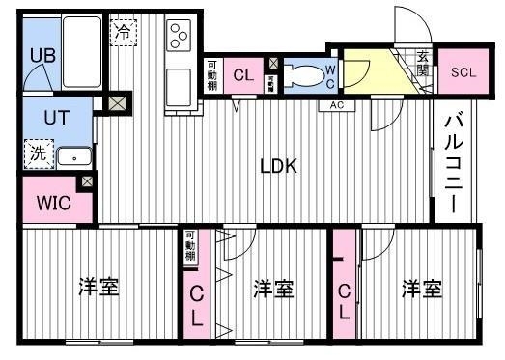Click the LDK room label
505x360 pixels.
coord(278,165)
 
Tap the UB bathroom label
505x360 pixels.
coord(42,55)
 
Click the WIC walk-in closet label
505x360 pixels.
coord(52,203)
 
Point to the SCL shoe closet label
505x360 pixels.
coord(463,72)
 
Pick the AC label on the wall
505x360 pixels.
coord(337,104)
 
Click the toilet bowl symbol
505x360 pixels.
coord(307,73)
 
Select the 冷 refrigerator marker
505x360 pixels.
coord(124,32)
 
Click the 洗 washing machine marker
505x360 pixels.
coord(36,152)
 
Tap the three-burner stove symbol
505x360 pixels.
coord(179,36)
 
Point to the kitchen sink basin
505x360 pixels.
coord(179,88)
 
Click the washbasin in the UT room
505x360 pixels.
coord(73,155)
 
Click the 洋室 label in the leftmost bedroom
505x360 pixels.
coord(98,287)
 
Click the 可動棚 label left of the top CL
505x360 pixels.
coord(212,76)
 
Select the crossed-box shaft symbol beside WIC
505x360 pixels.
coord(88,181)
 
